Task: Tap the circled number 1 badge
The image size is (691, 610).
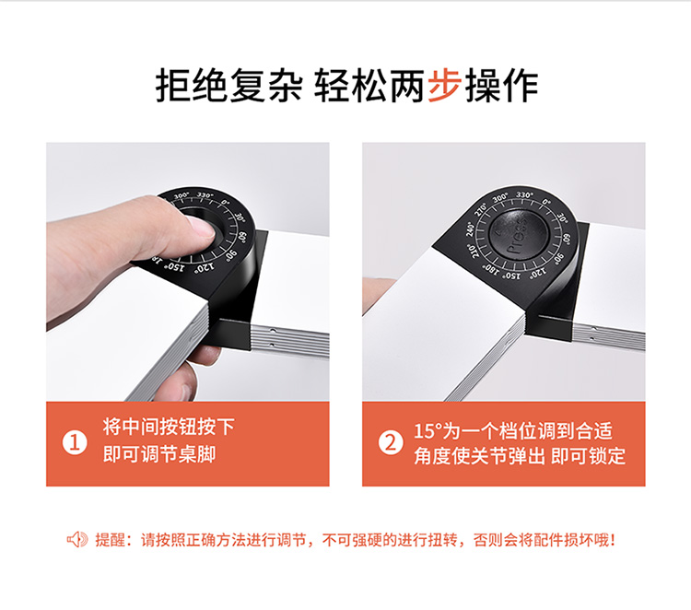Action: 75,443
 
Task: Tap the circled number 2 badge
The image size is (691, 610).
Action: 391,443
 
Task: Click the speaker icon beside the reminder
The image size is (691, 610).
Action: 77,539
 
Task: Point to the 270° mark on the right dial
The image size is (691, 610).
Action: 480,209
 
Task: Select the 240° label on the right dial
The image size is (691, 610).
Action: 470,229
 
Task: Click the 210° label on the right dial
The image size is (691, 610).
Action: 474,251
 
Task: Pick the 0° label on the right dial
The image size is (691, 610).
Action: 546,202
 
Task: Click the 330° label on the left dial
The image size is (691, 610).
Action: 205,194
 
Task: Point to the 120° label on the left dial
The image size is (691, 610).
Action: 205,266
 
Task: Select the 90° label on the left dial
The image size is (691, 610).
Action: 231,255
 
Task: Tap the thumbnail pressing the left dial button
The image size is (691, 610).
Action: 201,228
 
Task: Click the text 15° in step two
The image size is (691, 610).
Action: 427,430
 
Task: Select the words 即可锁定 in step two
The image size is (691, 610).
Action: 588,456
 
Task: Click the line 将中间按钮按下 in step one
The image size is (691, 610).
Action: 169,427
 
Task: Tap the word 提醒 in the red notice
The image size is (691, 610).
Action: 111,540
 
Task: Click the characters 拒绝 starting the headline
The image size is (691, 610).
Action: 192,85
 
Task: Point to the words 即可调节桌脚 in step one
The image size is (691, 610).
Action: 159,454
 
